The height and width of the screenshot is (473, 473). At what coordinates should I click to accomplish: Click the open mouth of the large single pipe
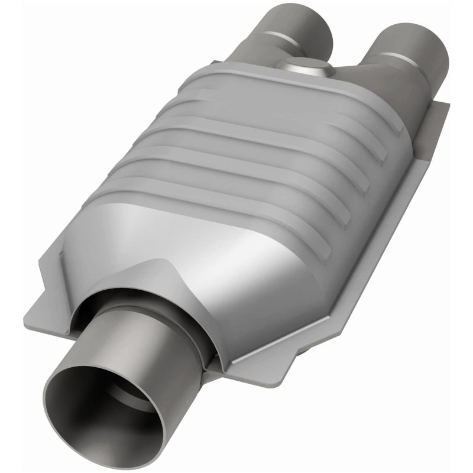pos(103,408)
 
